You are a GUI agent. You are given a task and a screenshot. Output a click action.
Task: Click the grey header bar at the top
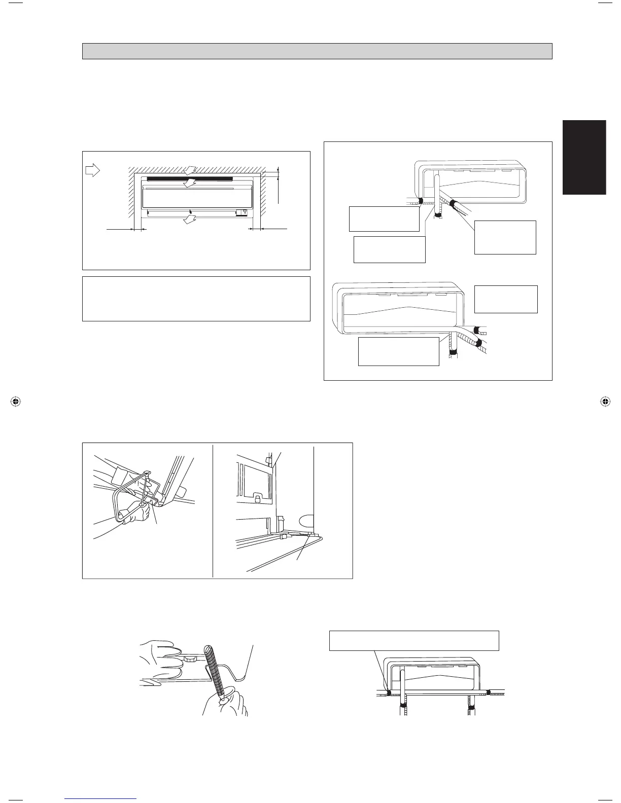317,51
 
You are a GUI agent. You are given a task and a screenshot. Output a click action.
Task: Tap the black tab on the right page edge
584,157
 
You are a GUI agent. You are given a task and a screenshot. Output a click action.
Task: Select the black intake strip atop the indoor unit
189,179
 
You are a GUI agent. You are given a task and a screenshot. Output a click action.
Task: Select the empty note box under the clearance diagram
196,299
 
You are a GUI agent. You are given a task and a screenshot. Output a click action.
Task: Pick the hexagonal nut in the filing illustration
191,659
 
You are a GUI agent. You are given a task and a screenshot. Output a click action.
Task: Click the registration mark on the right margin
605,401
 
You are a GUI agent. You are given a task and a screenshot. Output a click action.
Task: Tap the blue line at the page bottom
101,799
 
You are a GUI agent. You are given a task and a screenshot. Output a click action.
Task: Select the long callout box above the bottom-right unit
414,640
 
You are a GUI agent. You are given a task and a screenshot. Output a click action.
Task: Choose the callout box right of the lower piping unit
505,299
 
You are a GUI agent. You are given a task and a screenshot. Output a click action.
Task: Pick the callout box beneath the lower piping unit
398,351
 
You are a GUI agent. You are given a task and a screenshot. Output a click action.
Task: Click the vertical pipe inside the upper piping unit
437,193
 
